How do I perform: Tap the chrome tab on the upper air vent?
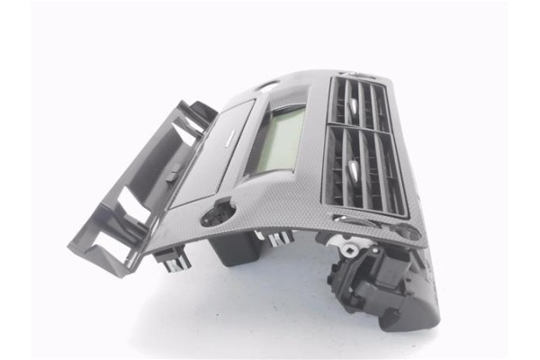click(354, 105)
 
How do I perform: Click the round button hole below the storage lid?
click(217, 213)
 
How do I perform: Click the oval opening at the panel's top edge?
click(266, 87)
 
